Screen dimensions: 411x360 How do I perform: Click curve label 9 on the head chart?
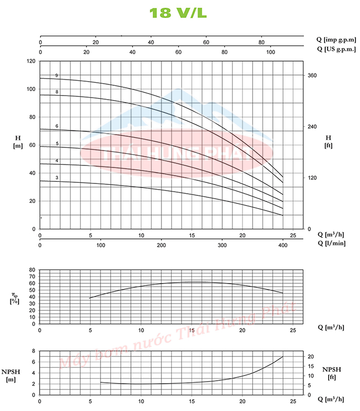click(57, 76)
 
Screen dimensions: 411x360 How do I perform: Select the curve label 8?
click(57, 91)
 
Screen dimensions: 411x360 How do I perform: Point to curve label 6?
click(57, 126)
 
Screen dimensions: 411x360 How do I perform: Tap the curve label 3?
click(57, 178)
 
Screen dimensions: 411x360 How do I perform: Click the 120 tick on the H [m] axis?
click(31, 61)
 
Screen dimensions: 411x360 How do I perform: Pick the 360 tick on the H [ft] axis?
click(312, 76)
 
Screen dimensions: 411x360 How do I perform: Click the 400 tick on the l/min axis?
click(283, 246)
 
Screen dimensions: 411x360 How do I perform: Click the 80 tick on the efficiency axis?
click(31, 270)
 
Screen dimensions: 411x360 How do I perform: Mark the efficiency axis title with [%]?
click(15, 297)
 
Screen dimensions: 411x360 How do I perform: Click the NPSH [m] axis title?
click(11, 375)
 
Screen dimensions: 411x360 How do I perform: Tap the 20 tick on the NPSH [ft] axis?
click(311, 357)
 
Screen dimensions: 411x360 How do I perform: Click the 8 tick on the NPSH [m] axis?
click(33, 351)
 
